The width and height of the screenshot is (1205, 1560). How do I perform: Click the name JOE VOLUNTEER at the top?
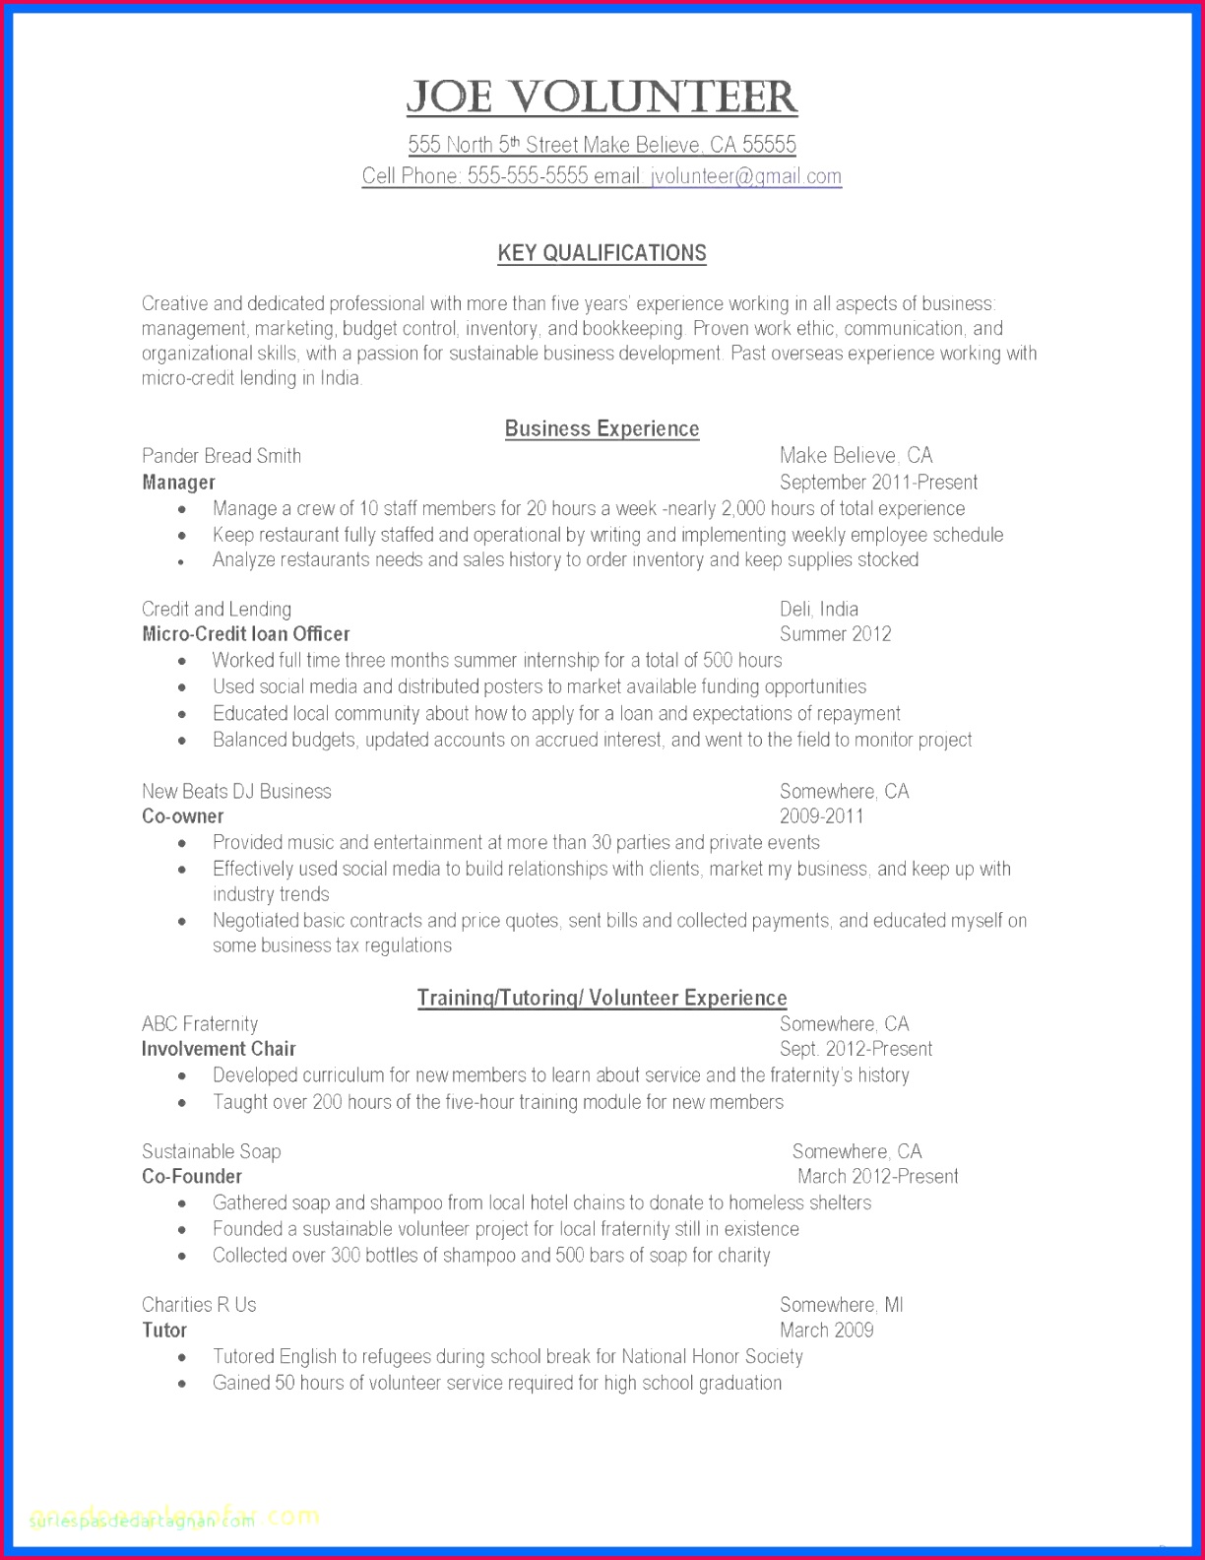click(602, 97)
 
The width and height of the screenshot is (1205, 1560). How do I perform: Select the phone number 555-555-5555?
click(527, 176)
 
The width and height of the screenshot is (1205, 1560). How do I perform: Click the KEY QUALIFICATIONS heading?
click(602, 253)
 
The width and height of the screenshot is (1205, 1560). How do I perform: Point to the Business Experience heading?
click(602, 428)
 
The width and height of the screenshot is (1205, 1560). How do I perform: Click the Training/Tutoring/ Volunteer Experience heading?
click(602, 998)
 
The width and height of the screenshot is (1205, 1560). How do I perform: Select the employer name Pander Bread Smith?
click(222, 456)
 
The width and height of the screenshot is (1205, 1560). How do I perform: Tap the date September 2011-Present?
click(878, 483)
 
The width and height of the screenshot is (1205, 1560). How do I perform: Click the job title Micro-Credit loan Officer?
click(245, 634)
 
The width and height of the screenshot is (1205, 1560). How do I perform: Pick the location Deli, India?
click(818, 610)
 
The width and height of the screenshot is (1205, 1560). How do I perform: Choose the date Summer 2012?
click(835, 634)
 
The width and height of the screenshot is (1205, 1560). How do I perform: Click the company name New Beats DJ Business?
click(236, 792)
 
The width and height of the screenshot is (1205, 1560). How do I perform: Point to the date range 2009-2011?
click(821, 816)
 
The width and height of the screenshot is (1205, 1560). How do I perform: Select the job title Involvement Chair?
click(219, 1049)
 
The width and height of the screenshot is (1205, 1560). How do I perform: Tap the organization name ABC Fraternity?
click(200, 1024)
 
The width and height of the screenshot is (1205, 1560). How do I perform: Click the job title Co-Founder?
click(192, 1177)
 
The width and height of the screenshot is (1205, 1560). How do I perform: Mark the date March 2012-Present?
click(877, 1177)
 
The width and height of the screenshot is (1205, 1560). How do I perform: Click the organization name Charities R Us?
click(199, 1305)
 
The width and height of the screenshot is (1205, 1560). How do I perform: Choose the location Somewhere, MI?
click(841, 1305)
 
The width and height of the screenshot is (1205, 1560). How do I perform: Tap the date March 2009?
click(826, 1331)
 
